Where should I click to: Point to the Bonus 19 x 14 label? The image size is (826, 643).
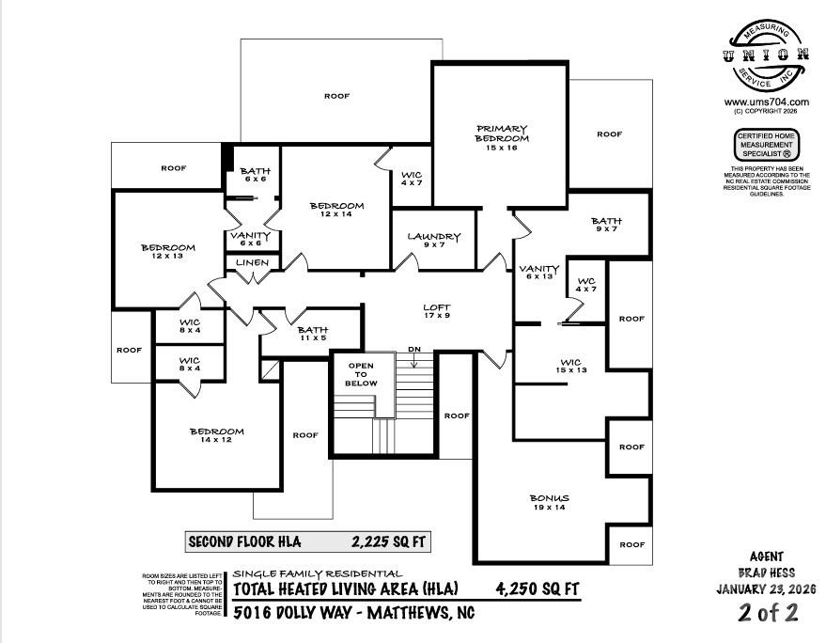click(550, 503)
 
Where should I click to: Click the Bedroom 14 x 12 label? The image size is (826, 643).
click(216, 437)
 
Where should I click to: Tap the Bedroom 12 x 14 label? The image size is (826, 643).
click(336, 212)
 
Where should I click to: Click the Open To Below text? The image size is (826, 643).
click(362, 374)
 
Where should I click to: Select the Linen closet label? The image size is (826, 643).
click(251, 263)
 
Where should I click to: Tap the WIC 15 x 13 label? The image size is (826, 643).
click(570, 367)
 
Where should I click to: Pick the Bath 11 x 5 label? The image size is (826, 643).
click(312, 335)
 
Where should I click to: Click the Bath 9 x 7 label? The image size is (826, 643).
click(606, 226)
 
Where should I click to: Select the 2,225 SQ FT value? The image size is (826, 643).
click(386, 541)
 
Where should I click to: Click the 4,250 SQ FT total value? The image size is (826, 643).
click(538, 589)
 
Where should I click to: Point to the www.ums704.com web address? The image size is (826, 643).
click(766, 102)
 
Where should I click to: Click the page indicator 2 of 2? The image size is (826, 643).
click(769, 613)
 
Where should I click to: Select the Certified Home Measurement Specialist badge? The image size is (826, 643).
click(766, 146)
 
